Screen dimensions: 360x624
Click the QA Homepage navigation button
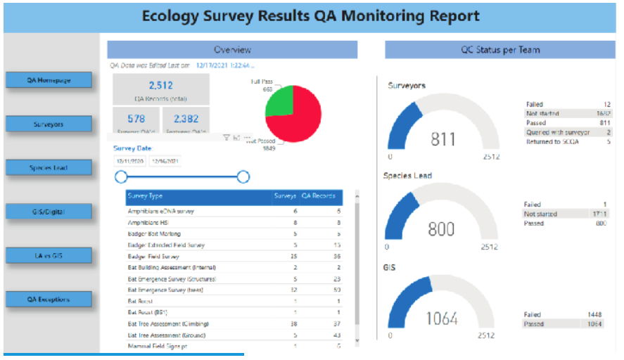coord(49,80)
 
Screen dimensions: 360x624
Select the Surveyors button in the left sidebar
coord(49,124)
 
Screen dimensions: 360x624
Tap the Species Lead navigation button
coord(49,168)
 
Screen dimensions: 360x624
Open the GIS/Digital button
coord(49,212)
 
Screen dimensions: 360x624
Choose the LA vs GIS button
coord(49,256)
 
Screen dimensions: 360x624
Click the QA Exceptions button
coord(49,300)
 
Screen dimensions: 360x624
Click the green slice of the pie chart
coord(279,101)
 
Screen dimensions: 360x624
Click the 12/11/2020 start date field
coord(130,161)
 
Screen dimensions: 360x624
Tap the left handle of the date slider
coord(121,176)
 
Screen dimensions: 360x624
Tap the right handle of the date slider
coord(243,176)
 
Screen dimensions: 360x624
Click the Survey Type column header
coord(146,196)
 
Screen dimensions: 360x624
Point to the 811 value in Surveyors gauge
coord(443,139)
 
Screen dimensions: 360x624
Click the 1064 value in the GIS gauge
coord(441,319)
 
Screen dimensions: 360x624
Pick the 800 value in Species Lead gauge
coord(441,229)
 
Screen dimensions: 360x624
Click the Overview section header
coord(232,50)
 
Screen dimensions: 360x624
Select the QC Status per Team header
coord(499,50)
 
